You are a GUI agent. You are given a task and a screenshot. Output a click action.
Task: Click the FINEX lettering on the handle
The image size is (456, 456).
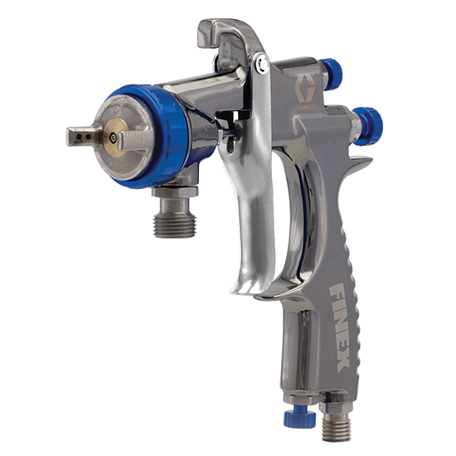click(339, 327)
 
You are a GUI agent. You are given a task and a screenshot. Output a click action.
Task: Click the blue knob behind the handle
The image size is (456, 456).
click(368, 126)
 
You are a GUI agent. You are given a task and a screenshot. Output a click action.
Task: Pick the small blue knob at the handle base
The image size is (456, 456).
click(300, 418)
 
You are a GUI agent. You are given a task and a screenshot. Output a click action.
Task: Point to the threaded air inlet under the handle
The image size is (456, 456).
click(336, 429)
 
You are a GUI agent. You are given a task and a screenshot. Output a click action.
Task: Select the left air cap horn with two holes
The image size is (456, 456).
click(84, 136)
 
